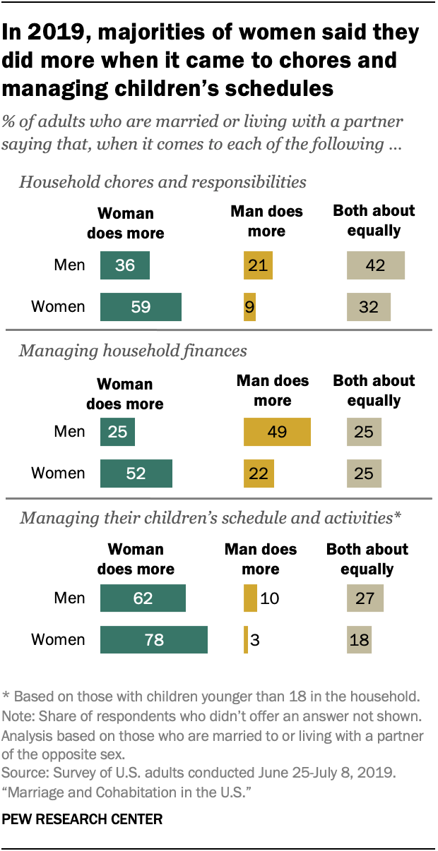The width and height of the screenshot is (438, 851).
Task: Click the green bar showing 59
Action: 141,307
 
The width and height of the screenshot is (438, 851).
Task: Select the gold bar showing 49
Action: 277,431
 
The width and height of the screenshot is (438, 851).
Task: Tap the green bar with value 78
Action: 154,640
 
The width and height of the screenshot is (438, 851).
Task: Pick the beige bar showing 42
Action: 375,265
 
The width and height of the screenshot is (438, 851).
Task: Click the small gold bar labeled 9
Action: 249,307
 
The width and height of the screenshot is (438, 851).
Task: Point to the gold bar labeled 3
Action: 246,640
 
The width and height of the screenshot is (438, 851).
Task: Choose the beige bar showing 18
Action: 359,640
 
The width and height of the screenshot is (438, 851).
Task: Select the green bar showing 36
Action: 125,265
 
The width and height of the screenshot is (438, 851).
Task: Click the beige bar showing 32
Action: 368,307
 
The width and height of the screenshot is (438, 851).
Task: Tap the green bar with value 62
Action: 143,598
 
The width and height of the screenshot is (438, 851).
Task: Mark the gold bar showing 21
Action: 258,265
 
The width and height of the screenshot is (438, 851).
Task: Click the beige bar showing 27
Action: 365,598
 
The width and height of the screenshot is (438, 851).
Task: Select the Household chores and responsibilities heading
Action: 162,182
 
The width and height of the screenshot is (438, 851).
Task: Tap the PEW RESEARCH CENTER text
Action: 83,819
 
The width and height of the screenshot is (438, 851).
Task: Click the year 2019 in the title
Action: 55,32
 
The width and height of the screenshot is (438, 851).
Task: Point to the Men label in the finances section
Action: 70,431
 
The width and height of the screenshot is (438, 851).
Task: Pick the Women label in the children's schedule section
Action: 58,640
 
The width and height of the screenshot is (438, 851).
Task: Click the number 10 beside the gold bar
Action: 269,598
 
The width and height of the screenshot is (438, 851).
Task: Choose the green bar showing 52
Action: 136,473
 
